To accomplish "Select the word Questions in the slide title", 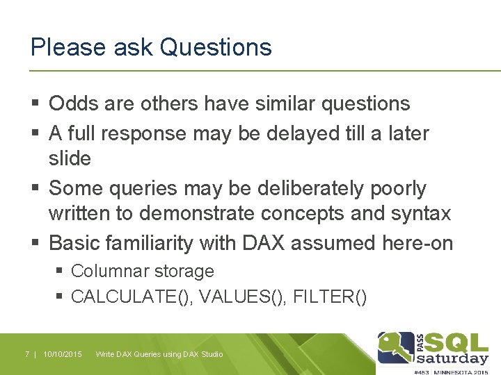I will tap(216, 47).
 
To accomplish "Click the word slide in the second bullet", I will tap(70, 158).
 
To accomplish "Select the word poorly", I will tap(397, 188).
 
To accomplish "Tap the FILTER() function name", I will tap(329, 297).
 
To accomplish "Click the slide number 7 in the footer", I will tap(27, 354).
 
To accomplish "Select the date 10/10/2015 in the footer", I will tap(62, 354).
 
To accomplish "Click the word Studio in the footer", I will tap(211, 354).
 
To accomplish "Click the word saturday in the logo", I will tap(452, 358).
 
